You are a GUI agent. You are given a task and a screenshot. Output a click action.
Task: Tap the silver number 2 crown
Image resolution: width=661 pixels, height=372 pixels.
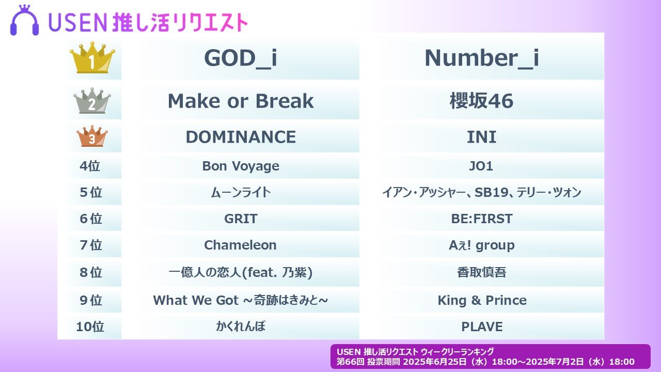click(92, 101)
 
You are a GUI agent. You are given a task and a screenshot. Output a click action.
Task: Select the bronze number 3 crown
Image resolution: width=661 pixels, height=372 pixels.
click(92, 136)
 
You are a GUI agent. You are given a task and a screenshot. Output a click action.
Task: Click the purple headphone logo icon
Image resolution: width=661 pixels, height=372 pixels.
click(24, 20)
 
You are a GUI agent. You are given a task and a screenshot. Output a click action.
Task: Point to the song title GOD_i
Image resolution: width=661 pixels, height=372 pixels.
click(241, 58)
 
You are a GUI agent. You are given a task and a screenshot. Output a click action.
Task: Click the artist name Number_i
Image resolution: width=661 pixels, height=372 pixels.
click(482, 58)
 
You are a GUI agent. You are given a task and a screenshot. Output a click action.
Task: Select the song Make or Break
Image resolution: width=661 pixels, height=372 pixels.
click(241, 101)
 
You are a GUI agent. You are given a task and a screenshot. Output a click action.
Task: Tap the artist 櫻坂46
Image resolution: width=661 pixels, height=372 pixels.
click(482, 101)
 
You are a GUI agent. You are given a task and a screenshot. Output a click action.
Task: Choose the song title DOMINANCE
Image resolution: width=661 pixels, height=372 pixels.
click(241, 137)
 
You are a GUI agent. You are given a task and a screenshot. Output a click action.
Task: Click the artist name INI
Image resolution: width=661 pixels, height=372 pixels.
click(482, 137)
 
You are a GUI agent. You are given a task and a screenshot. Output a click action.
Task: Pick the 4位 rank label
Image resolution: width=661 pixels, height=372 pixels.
click(90, 166)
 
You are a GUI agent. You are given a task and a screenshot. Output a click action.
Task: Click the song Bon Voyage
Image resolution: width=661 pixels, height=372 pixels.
click(241, 166)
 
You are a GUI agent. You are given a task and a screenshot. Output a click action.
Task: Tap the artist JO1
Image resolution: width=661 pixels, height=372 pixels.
click(481, 166)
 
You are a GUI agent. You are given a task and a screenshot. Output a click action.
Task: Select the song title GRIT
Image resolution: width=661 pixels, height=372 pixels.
click(241, 219)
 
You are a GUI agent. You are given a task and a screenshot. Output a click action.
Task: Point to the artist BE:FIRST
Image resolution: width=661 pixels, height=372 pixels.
click(482, 219)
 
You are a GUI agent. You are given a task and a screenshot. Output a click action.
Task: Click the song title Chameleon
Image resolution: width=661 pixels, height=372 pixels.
click(240, 245)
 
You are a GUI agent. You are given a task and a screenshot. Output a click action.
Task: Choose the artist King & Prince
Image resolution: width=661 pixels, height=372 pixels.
click(482, 301)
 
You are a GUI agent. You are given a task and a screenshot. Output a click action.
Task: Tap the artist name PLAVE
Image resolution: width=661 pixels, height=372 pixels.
click(482, 327)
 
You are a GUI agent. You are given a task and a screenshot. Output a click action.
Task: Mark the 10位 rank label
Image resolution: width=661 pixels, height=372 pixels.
click(90, 327)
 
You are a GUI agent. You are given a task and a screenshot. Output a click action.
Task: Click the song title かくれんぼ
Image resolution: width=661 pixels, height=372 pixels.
click(241, 327)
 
